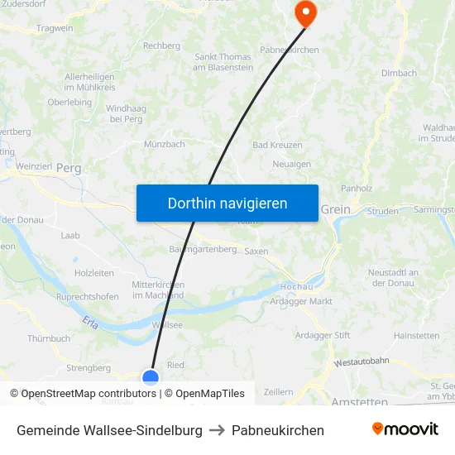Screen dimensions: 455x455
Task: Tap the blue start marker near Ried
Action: [151, 378]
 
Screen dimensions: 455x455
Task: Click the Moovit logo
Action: [405, 429]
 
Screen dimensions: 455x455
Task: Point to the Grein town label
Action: [335, 210]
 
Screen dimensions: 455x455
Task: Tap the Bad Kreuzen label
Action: [277, 145]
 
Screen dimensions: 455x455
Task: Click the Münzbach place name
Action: [164, 144]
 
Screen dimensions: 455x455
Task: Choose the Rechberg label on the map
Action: [161, 45]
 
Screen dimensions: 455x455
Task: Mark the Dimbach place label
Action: [399, 73]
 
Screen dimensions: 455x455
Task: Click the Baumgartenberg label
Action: [203, 249]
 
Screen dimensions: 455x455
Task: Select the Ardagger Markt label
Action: [301, 301]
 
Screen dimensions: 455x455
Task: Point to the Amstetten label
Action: [359, 402]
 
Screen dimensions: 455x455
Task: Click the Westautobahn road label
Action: [362, 362]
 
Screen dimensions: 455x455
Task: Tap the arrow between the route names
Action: [217, 430]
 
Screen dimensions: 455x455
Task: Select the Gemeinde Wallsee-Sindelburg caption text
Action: [109, 430]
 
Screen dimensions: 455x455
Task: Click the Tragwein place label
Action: [54, 28]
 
